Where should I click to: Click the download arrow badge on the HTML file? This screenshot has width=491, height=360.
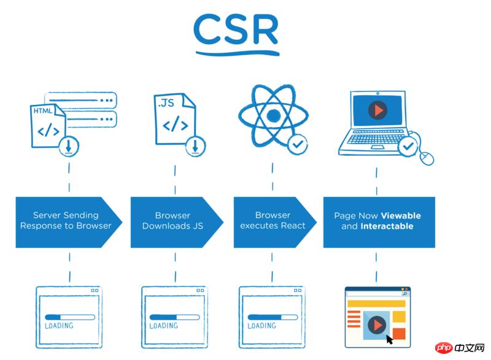69,145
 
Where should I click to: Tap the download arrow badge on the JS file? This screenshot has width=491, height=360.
195,145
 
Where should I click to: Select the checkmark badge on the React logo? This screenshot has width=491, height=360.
298,145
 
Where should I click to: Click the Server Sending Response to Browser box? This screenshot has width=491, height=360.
66,221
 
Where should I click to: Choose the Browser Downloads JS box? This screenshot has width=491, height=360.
173,221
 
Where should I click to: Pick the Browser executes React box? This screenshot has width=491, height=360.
273,221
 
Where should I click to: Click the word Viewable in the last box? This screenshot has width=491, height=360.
400,216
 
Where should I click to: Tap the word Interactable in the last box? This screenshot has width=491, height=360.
387,226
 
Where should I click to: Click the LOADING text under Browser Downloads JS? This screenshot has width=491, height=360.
164,326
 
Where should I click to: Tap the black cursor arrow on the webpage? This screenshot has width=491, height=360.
389,339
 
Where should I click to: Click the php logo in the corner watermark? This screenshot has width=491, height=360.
443,348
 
